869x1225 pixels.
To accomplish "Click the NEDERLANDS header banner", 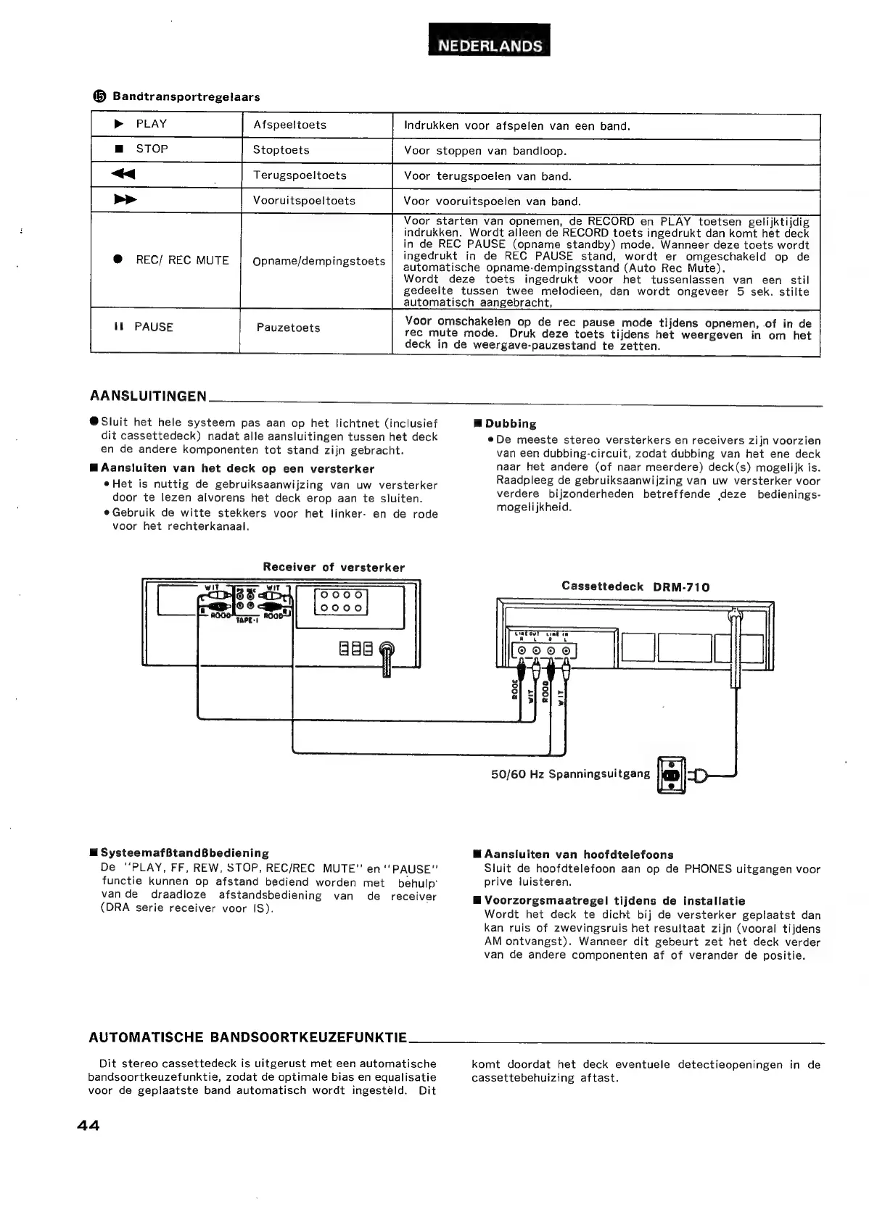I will [x=489, y=46].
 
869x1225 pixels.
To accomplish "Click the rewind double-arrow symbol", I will [x=123, y=175].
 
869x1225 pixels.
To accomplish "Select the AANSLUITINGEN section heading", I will [x=148, y=396].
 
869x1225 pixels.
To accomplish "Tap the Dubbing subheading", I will [x=511, y=424].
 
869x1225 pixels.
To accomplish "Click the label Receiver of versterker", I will [x=334, y=568].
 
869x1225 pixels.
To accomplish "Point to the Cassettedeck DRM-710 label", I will [x=635, y=586].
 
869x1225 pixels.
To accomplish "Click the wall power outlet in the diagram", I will [x=671, y=775].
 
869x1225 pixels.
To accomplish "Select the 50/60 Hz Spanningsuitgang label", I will [x=570, y=773].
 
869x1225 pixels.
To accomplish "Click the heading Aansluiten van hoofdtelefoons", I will [x=579, y=855].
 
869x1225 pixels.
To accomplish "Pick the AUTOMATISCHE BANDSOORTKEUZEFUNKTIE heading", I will [x=248, y=1037].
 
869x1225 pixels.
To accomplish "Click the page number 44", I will [x=87, y=1125].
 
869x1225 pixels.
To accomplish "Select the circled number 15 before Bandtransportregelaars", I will [x=99, y=96].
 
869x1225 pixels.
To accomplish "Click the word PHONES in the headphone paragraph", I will [x=709, y=868].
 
